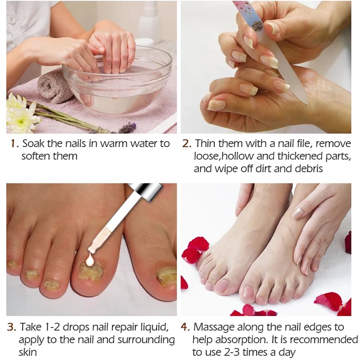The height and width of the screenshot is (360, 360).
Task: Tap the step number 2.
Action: [187, 144]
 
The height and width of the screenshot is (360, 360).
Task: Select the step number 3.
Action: [13, 326]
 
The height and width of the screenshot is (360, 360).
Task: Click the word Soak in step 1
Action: [31, 144]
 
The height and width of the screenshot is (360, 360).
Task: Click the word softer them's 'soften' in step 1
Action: [36, 157]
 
